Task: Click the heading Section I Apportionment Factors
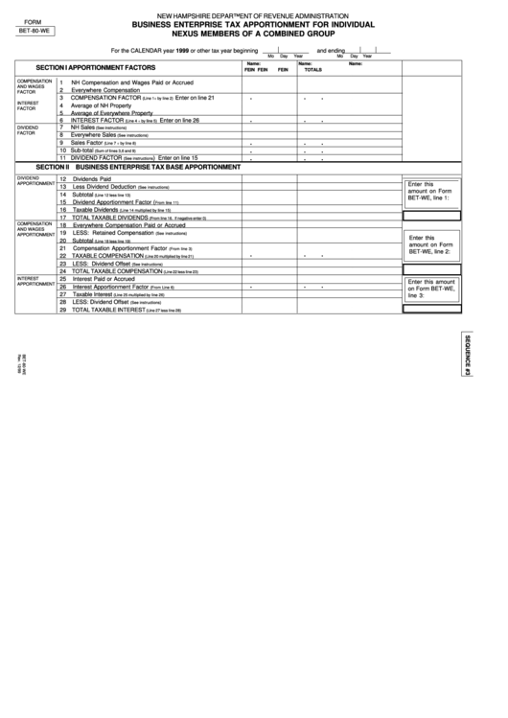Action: point(95,69)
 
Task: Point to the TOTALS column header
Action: point(313,71)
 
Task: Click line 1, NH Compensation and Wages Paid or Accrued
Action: point(131,83)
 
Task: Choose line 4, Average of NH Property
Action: point(106,105)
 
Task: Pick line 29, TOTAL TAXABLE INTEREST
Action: point(129,311)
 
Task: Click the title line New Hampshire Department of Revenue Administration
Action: point(253,16)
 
